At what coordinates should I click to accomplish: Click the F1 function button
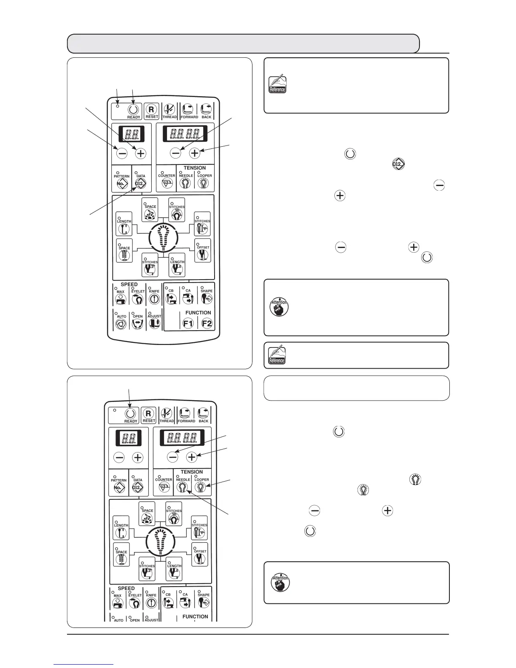(188, 323)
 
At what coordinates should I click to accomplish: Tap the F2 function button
(207, 323)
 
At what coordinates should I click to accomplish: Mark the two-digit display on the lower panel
(128, 439)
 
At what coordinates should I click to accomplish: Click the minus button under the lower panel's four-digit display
(172, 457)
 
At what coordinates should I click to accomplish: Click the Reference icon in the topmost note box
(277, 84)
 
